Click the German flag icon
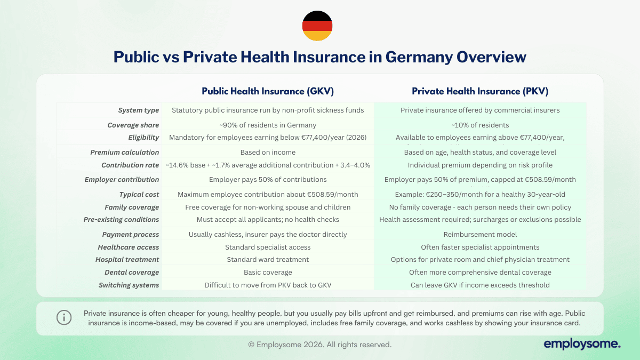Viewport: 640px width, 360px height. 317,26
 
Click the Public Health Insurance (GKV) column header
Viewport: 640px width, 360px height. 268,91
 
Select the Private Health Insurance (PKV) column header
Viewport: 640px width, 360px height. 480,91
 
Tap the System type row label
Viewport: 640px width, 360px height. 139,110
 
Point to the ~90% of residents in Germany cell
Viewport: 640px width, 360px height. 268,125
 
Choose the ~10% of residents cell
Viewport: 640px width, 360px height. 480,125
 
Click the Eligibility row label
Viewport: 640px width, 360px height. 143,138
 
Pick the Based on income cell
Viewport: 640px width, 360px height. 268,153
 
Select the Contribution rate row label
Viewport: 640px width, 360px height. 130,165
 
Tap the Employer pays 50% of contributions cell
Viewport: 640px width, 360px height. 268,180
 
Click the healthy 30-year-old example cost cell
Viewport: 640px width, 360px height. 480,194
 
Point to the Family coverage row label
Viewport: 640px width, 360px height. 132,207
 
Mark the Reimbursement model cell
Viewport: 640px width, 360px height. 480,235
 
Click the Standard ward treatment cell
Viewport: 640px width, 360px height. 268,260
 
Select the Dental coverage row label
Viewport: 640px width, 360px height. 132,272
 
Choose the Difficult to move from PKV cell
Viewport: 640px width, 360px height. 268,285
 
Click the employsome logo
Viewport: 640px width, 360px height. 582,345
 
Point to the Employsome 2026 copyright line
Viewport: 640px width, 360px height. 320,345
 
